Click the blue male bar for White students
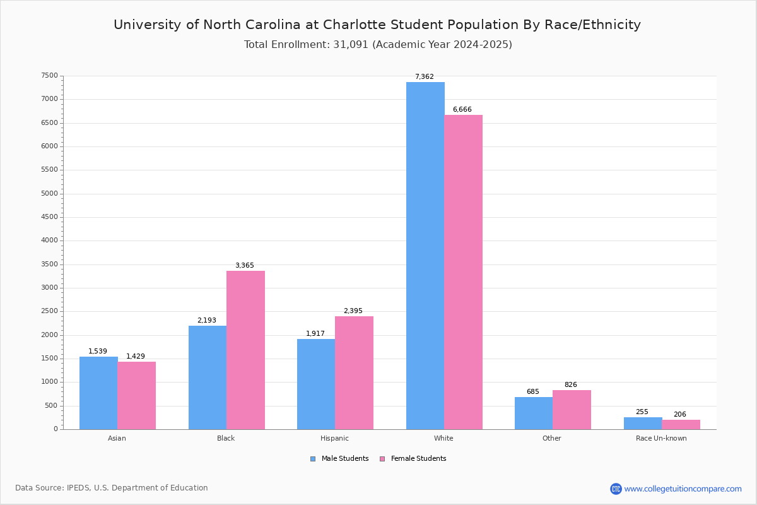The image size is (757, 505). (x=425, y=256)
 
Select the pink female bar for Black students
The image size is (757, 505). (x=245, y=350)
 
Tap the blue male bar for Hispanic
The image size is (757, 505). (x=316, y=384)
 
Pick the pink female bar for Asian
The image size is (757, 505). (x=136, y=396)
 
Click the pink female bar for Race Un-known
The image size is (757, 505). (x=681, y=425)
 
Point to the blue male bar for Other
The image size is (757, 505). (x=534, y=413)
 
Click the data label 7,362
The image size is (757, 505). (x=425, y=76)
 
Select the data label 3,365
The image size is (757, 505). (x=245, y=265)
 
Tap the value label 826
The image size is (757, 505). (x=571, y=384)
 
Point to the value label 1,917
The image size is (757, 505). (x=315, y=333)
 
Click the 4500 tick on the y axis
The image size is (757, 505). (x=50, y=217)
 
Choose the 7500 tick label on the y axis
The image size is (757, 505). (x=50, y=75)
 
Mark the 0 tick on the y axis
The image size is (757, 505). (x=56, y=429)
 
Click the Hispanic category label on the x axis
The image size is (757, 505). (x=334, y=438)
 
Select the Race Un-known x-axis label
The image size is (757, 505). (x=661, y=438)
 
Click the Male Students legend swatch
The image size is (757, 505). (x=313, y=459)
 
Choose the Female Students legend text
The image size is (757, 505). (x=418, y=458)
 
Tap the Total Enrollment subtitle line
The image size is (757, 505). (x=378, y=44)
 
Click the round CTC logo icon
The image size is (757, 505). (x=616, y=489)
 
